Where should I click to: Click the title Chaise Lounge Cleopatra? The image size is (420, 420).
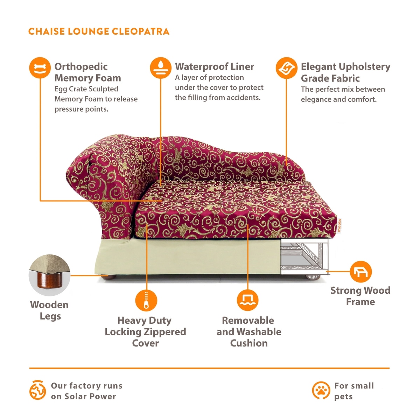99,31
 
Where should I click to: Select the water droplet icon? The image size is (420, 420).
160,68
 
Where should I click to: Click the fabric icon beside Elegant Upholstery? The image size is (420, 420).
286,68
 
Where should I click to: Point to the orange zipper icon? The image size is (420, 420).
146,300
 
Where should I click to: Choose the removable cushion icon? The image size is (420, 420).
247,300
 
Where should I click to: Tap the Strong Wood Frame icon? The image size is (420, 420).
360,271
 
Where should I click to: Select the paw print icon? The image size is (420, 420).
321,390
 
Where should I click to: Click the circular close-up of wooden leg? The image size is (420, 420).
49,276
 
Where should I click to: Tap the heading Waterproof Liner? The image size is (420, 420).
215,66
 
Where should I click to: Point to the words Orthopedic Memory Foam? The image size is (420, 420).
87,72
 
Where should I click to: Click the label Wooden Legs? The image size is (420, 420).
49,310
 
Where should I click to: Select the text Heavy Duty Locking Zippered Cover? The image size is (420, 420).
145,331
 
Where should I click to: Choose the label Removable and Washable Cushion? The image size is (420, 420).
248,331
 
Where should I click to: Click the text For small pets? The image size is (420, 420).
353,391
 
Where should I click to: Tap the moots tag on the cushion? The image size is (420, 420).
339,226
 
